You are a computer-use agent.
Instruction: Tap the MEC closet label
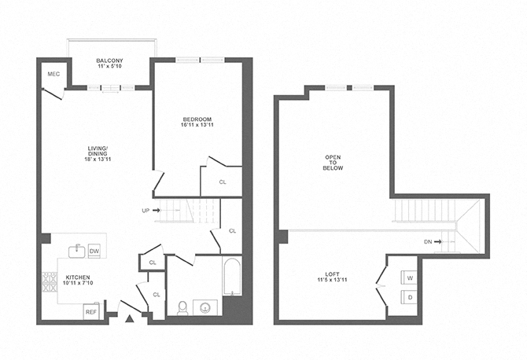(53, 74)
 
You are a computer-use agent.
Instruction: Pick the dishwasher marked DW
(94, 251)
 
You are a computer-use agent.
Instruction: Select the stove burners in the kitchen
(50, 288)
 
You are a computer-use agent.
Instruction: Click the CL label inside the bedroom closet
(223, 182)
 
